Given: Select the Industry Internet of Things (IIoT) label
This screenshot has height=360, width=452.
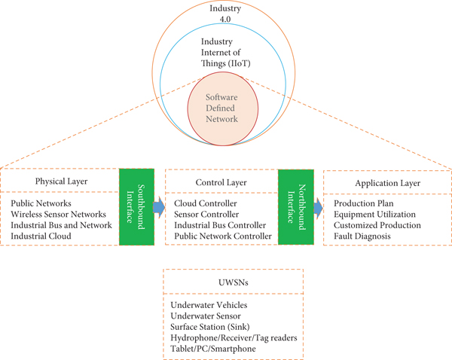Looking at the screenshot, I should [x=225, y=55].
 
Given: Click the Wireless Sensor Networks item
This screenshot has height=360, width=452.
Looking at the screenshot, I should [x=59, y=214].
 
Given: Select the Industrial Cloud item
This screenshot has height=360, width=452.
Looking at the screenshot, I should [x=41, y=236].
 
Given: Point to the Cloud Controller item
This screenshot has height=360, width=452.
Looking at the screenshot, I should [x=205, y=203].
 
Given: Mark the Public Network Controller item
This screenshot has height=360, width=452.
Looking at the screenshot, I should [x=223, y=236].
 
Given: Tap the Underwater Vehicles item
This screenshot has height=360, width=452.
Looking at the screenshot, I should [x=209, y=304].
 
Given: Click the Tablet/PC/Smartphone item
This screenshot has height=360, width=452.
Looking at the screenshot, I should [x=213, y=348].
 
